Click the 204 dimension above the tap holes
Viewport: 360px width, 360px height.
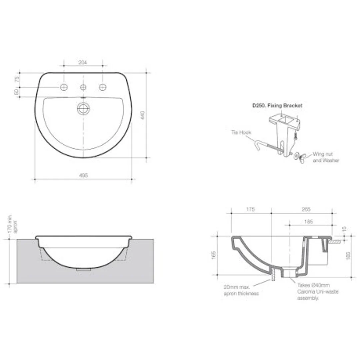coord(83,62)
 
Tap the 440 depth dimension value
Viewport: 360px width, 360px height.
coord(143,115)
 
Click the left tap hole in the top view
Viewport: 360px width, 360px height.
coord(64,87)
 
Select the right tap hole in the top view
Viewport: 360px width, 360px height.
coord(102,87)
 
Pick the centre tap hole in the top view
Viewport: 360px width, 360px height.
coord(83,87)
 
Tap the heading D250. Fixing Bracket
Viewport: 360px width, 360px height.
coord(277,105)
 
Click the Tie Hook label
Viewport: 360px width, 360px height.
coord(241,132)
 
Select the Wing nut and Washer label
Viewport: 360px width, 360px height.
coord(326,157)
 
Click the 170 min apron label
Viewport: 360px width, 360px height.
coord(12,224)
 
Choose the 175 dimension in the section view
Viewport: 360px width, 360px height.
coord(251,209)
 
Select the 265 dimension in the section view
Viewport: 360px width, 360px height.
coord(306,209)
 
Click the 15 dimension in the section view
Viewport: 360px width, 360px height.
coord(345,229)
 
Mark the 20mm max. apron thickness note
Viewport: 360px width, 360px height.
coord(241,290)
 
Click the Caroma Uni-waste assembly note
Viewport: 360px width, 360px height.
coord(313,292)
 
